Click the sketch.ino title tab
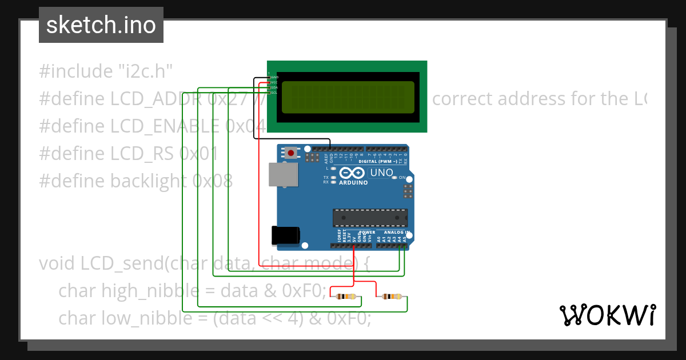coord(101,25)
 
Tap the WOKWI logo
coord(607,315)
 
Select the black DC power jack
coord(285,235)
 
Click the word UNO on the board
coord(382,173)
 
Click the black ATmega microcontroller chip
coord(370,218)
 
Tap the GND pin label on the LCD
coord(274,77)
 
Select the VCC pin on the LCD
coord(274,82)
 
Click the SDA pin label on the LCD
coord(274,87)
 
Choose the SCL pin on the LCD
coord(274,93)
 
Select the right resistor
coord(392,297)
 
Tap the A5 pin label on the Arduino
coord(405,239)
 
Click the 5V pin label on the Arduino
coord(354,239)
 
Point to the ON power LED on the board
coord(401,178)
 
